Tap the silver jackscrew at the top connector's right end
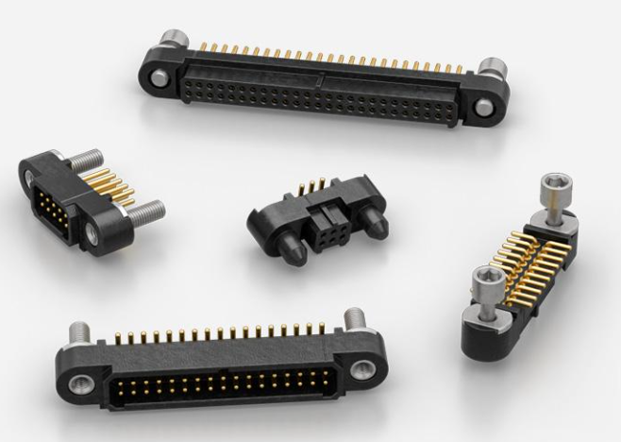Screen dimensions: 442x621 point(489,68)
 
